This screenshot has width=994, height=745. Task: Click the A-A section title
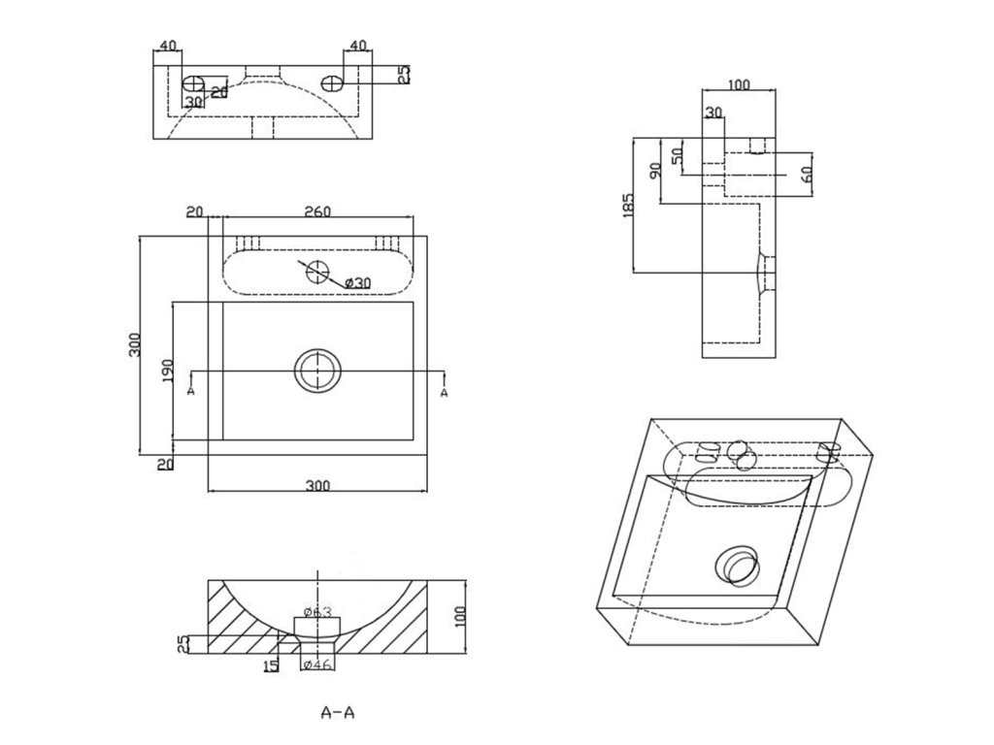[338, 713]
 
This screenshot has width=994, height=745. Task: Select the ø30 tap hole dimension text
[358, 281]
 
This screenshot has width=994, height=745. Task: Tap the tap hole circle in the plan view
[317, 272]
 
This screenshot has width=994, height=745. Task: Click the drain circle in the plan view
[317, 372]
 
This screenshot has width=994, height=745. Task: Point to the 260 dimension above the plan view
[317, 212]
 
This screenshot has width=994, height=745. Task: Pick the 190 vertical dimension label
[166, 372]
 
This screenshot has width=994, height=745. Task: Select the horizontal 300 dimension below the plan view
[317, 486]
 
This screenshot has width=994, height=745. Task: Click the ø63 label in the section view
[317, 612]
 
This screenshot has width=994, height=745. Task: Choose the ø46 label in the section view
[317, 664]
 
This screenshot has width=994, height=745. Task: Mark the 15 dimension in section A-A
[272, 664]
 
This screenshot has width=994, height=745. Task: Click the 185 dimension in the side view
[627, 205]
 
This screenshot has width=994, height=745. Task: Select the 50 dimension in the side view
[678, 151]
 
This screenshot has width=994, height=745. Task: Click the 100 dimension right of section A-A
[460, 616]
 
